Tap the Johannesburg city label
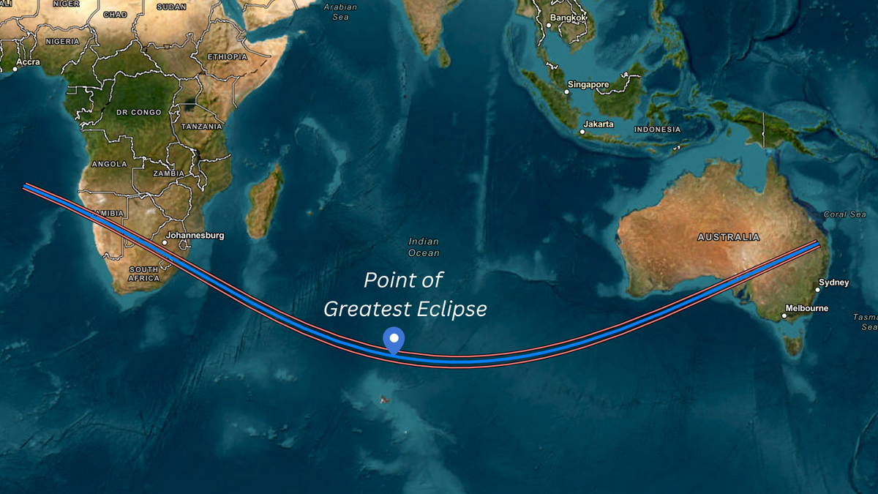[x=195, y=236]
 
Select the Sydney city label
[x=834, y=282]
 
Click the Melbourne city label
[x=806, y=308]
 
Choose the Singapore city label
[x=588, y=85]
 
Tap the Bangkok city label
[x=569, y=18]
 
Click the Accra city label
[x=29, y=62]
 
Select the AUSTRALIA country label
[x=728, y=237]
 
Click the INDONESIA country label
[x=657, y=130]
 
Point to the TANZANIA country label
[x=202, y=127]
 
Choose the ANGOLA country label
[x=109, y=164]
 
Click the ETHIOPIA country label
[x=228, y=56]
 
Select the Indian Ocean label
[x=424, y=247]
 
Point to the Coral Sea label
[x=844, y=214]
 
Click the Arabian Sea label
[x=340, y=12]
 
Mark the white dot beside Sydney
[x=817, y=290]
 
